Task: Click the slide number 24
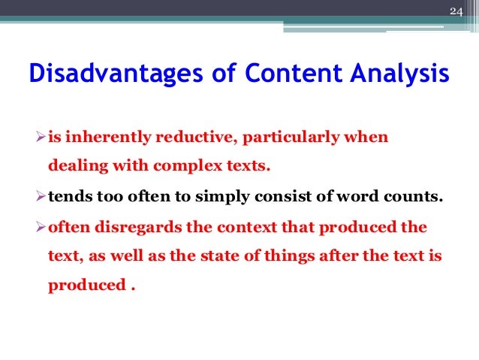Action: (x=456, y=11)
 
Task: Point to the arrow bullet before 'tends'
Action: (x=41, y=198)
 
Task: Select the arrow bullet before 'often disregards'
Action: (x=41, y=228)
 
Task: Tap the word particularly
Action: (x=286, y=138)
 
